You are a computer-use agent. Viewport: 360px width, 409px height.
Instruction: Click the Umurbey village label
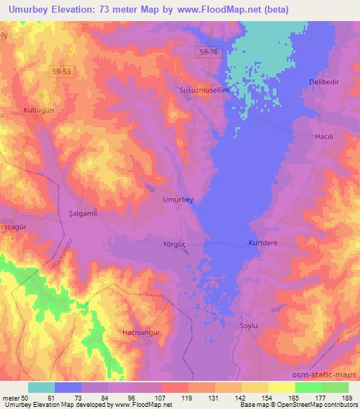(x=178, y=200)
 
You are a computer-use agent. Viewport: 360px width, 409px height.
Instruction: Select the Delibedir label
(x=324, y=82)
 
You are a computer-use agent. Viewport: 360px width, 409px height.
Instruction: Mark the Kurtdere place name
(x=264, y=243)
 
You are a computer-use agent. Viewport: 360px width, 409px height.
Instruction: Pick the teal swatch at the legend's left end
(x=41, y=387)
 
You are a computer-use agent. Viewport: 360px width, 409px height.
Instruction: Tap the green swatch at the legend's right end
(x=335, y=387)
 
